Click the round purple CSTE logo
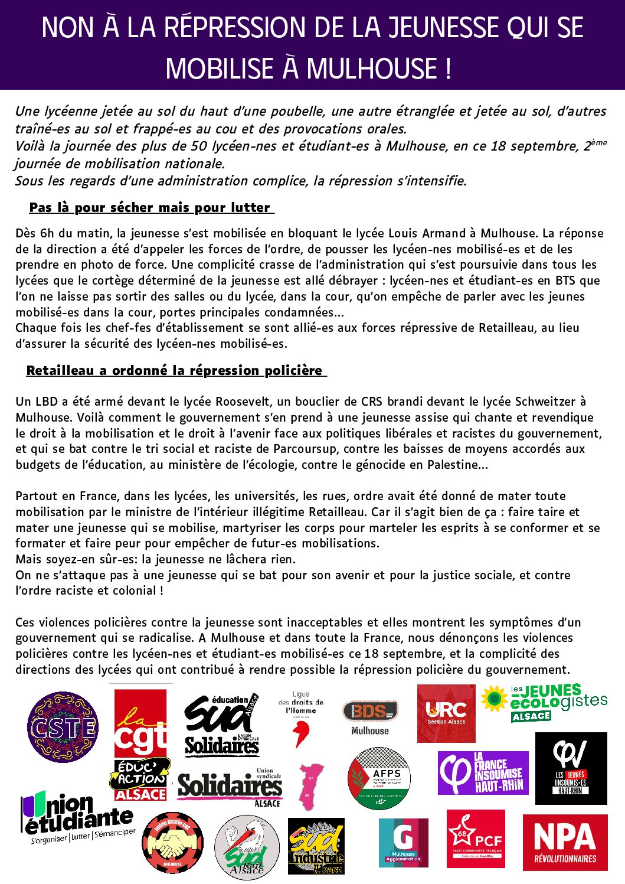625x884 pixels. click(63, 727)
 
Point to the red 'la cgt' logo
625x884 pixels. click(140, 724)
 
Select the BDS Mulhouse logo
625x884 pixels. click(370, 716)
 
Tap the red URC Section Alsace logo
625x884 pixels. click(446, 713)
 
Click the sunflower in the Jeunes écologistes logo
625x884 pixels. click(494, 699)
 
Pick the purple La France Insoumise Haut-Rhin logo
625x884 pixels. click(483, 773)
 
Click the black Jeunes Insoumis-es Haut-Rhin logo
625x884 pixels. click(571, 768)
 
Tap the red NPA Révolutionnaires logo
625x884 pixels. click(565, 843)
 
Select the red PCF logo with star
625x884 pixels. click(476, 839)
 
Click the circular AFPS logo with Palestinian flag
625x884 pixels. click(379, 778)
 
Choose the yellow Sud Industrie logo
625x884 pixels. click(316, 846)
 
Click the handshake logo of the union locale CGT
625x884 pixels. click(172, 843)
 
